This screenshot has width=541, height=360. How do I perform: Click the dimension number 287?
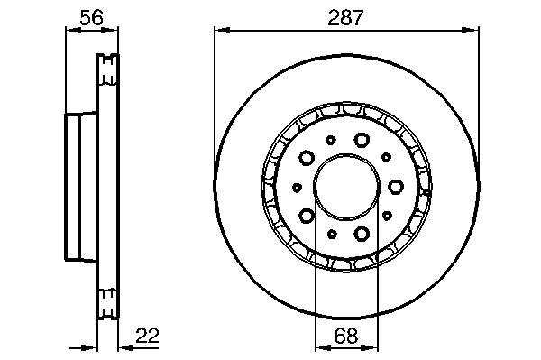tap(345, 18)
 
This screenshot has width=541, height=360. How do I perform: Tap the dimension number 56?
tap(91, 18)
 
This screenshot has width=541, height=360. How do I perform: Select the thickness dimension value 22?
tap(147, 336)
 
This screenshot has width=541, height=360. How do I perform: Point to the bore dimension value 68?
tap(346, 336)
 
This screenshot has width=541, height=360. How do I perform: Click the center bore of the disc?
tap(346, 187)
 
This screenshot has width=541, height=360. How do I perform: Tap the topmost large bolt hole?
tap(362, 140)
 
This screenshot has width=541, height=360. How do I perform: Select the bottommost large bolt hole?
tap(362, 234)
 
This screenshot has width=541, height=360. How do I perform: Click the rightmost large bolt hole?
tap(396, 187)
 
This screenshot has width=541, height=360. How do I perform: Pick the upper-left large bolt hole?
tap(306, 158)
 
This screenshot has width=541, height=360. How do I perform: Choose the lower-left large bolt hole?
tap(306, 216)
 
